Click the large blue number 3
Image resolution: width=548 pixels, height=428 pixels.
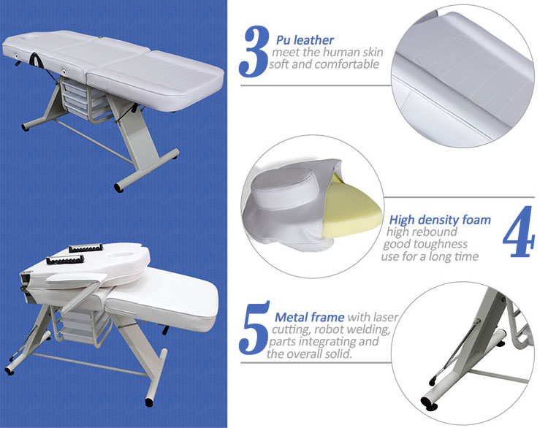[254, 52]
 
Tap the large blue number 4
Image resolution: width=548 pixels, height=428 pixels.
[519, 232]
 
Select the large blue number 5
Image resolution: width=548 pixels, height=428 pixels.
[254, 328]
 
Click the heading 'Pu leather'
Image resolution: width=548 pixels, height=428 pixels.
[305, 40]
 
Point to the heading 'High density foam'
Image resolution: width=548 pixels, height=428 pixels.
[440, 220]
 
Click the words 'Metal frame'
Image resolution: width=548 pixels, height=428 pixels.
[309, 317]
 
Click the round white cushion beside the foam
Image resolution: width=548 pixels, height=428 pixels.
[285, 186]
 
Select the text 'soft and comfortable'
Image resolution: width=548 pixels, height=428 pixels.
[324, 64]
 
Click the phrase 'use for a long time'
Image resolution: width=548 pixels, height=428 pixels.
[430, 257]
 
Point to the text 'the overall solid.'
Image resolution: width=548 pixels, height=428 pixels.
[309, 354]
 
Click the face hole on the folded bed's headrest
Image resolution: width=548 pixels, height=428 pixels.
[121, 252]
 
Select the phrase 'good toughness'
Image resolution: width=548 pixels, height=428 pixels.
[425, 244]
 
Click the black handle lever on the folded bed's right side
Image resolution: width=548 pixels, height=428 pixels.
[165, 329]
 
